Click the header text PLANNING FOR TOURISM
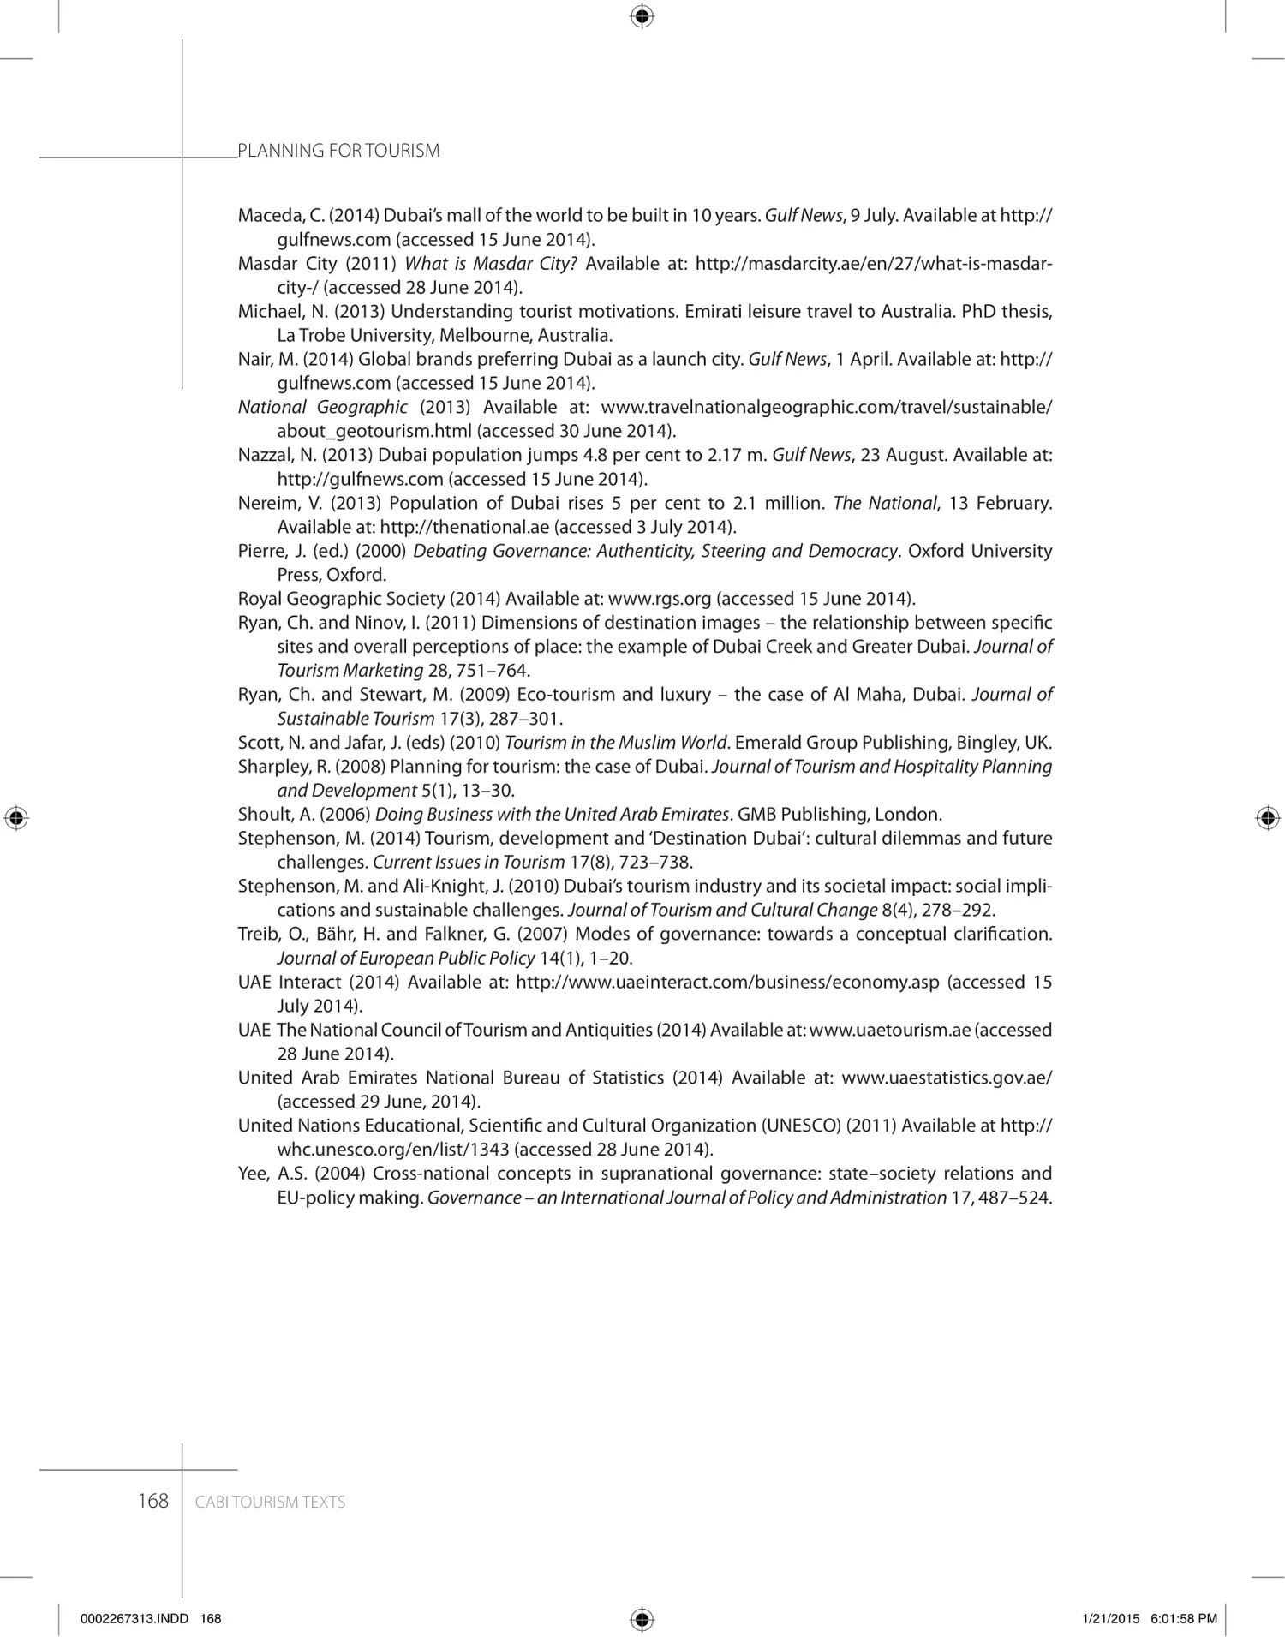tap(338, 151)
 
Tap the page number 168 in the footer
tap(153, 1501)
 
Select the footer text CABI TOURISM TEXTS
tap(270, 1502)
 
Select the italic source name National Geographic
tap(322, 407)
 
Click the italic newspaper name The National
tap(885, 503)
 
